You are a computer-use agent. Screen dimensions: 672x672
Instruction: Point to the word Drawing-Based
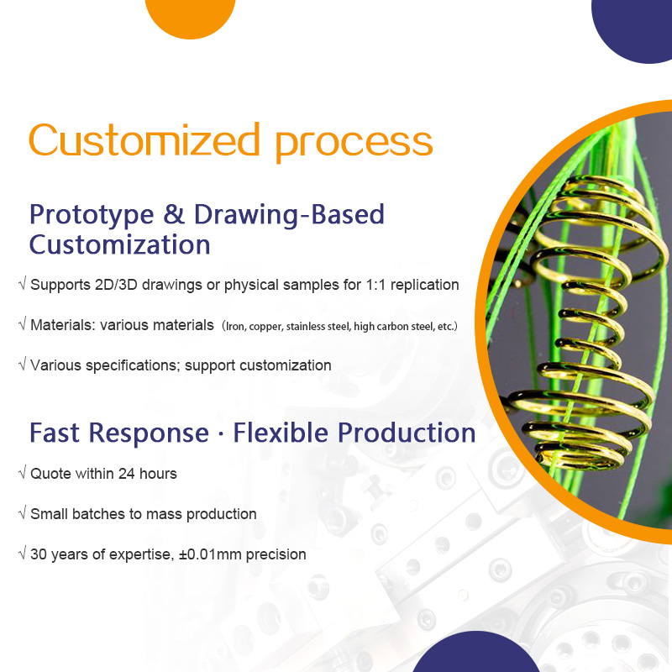[289, 215]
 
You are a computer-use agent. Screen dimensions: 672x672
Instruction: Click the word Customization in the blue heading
[119, 245]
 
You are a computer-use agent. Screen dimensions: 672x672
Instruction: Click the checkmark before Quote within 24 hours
[22, 474]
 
